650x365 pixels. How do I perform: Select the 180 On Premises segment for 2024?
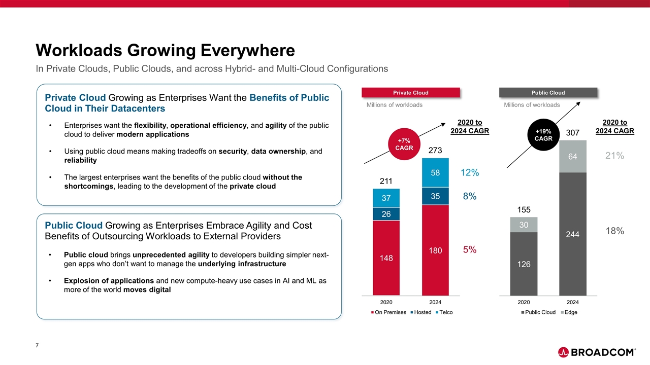point(435,250)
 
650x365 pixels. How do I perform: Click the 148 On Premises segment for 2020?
point(386,258)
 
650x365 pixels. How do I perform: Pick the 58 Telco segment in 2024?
point(435,173)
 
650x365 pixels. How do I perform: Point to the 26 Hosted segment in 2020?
point(386,214)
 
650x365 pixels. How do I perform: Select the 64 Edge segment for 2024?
point(572,157)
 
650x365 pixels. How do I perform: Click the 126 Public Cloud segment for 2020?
point(524,264)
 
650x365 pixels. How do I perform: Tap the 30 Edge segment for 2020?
point(524,225)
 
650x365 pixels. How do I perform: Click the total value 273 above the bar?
point(435,151)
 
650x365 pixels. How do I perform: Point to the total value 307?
point(572,133)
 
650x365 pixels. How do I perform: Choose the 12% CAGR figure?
point(470,173)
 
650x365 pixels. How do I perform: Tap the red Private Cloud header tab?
point(411,93)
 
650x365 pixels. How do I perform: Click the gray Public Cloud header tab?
point(548,93)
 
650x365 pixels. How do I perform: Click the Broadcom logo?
point(597,352)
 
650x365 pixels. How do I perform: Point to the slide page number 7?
point(38,346)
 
